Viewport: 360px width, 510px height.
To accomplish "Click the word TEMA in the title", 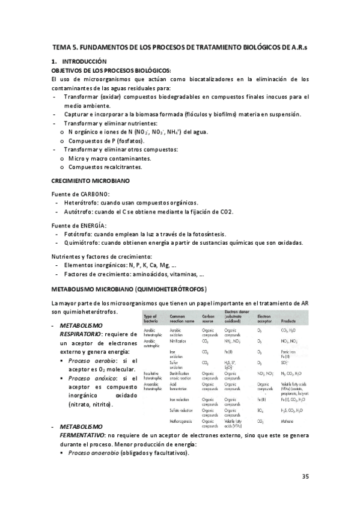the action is [62, 47].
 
